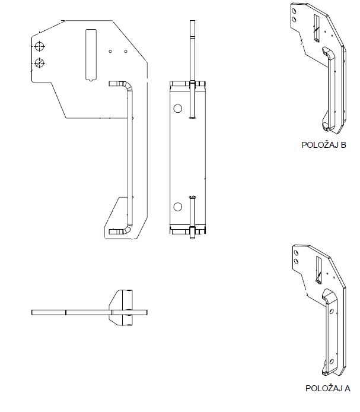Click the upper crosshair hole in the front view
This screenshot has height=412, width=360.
[40, 46]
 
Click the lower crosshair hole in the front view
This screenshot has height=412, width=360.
[40, 63]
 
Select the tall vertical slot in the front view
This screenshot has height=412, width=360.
[91, 54]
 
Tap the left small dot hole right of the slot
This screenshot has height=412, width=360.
[110, 52]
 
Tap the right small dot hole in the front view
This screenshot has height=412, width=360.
[125, 52]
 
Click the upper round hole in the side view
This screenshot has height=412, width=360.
[177, 109]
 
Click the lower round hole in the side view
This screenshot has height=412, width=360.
[177, 207]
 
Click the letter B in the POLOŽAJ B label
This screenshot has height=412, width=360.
[343, 145]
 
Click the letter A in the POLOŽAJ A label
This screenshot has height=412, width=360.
[347, 388]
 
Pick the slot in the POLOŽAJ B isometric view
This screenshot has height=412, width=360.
[317, 27]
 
